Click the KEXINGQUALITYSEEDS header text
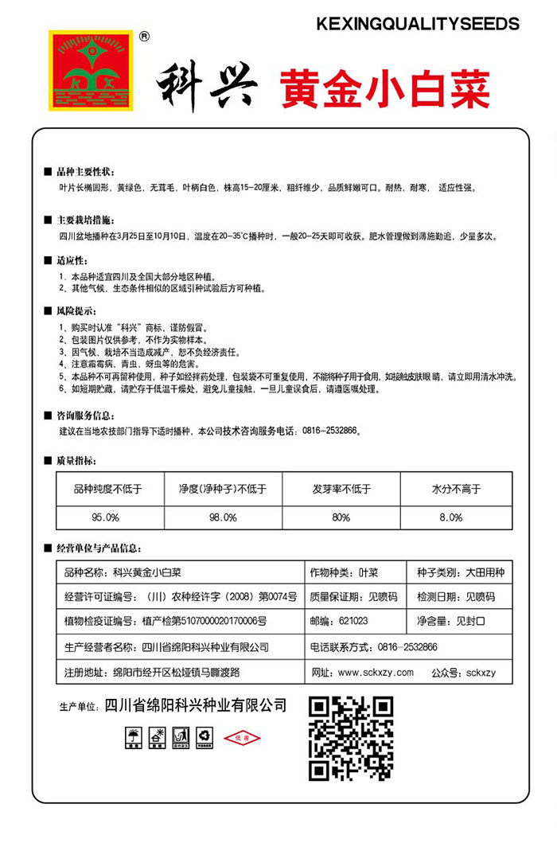pyautogui.click(x=417, y=25)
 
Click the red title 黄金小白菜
pyautogui.click(x=384, y=88)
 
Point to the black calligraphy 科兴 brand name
pyautogui.click(x=206, y=85)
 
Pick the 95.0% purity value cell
pyautogui.click(x=105, y=517)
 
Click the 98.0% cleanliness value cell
pyautogui.click(x=224, y=517)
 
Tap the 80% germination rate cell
pyautogui.click(x=341, y=517)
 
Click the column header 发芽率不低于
pyautogui.click(x=341, y=490)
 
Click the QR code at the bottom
pyautogui.click(x=351, y=739)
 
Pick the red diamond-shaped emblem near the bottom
pyautogui.click(x=243, y=738)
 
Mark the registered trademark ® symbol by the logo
pyautogui.click(x=144, y=36)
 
